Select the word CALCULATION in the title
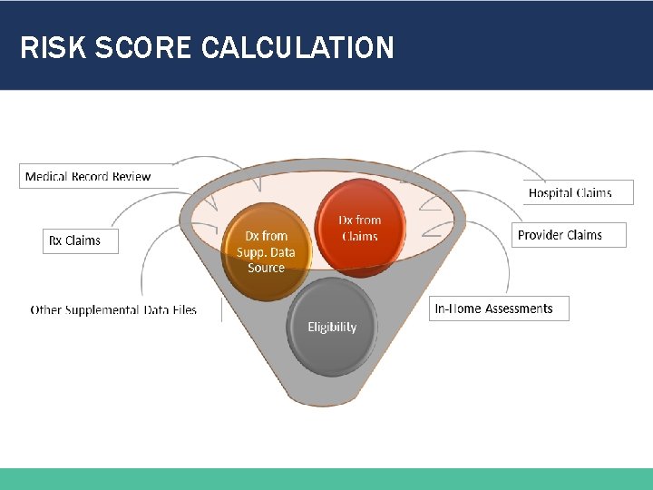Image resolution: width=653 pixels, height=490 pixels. click(297, 47)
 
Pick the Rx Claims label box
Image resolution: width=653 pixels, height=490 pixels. click(80, 240)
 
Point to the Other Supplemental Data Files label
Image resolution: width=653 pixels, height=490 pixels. click(113, 309)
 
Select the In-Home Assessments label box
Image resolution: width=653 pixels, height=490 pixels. click(499, 309)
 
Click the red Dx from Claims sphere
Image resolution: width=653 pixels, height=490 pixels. click(359, 227)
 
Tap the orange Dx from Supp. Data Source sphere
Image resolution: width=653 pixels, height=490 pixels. click(266, 251)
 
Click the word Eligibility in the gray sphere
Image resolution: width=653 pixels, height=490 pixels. click(332, 327)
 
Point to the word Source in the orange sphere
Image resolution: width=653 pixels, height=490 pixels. click(266, 268)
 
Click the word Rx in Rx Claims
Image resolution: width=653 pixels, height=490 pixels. click(55, 240)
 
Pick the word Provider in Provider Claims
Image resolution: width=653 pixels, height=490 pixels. click(541, 235)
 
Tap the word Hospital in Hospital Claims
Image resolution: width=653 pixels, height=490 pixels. click(551, 192)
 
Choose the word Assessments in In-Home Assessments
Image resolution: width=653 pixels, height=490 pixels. click(519, 309)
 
